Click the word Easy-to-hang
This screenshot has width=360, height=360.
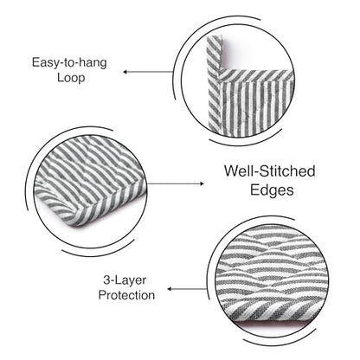coord(69,63)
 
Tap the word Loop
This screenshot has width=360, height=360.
coord(71,78)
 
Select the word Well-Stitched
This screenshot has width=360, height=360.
coord(270,171)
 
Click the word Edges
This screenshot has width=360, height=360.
coord(272,190)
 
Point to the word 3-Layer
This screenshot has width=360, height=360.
coord(125,280)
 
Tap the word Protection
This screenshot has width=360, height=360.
coord(126,295)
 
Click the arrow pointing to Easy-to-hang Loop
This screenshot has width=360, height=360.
coord(148,72)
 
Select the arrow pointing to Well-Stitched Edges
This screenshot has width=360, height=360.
coord(176,183)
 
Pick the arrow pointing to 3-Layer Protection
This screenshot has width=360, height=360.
coord(187,289)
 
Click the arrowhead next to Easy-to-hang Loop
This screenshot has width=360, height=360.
coord(125,72)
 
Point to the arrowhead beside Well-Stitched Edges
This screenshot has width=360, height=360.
coord(202,183)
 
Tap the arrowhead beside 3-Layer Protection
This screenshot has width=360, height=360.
coord(170,289)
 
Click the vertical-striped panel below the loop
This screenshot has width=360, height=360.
coord(254,106)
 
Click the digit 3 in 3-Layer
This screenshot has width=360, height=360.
coord(106,280)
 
